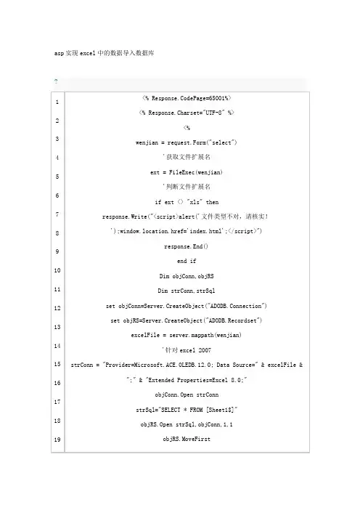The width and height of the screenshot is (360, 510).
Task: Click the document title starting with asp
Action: [105, 53]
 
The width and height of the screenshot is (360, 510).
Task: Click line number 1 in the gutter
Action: [57, 102]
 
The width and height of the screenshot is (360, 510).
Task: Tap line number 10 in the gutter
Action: [57, 270]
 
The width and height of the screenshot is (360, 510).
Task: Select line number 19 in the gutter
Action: [57, 440]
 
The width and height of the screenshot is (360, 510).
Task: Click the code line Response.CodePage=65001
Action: [187, 98]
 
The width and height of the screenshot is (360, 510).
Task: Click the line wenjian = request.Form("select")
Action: [187, 142]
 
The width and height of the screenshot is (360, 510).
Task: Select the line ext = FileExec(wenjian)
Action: [187, 172]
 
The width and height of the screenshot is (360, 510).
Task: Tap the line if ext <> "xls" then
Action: [187, 202]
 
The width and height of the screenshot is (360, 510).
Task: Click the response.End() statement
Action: [187, 246]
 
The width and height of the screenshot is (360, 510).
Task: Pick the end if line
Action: [187, 261]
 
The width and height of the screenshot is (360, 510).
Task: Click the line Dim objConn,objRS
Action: [187, 276]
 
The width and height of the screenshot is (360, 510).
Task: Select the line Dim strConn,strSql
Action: [187, 291]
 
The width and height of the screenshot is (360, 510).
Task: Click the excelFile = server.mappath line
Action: [187, 335]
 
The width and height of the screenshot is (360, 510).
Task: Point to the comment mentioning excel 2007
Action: [187, 350]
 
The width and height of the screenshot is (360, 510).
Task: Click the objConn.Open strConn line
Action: [187, 394]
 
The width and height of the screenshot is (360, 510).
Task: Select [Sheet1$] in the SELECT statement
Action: [221, 410]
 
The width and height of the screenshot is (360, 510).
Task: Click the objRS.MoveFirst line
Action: [187, 439]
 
